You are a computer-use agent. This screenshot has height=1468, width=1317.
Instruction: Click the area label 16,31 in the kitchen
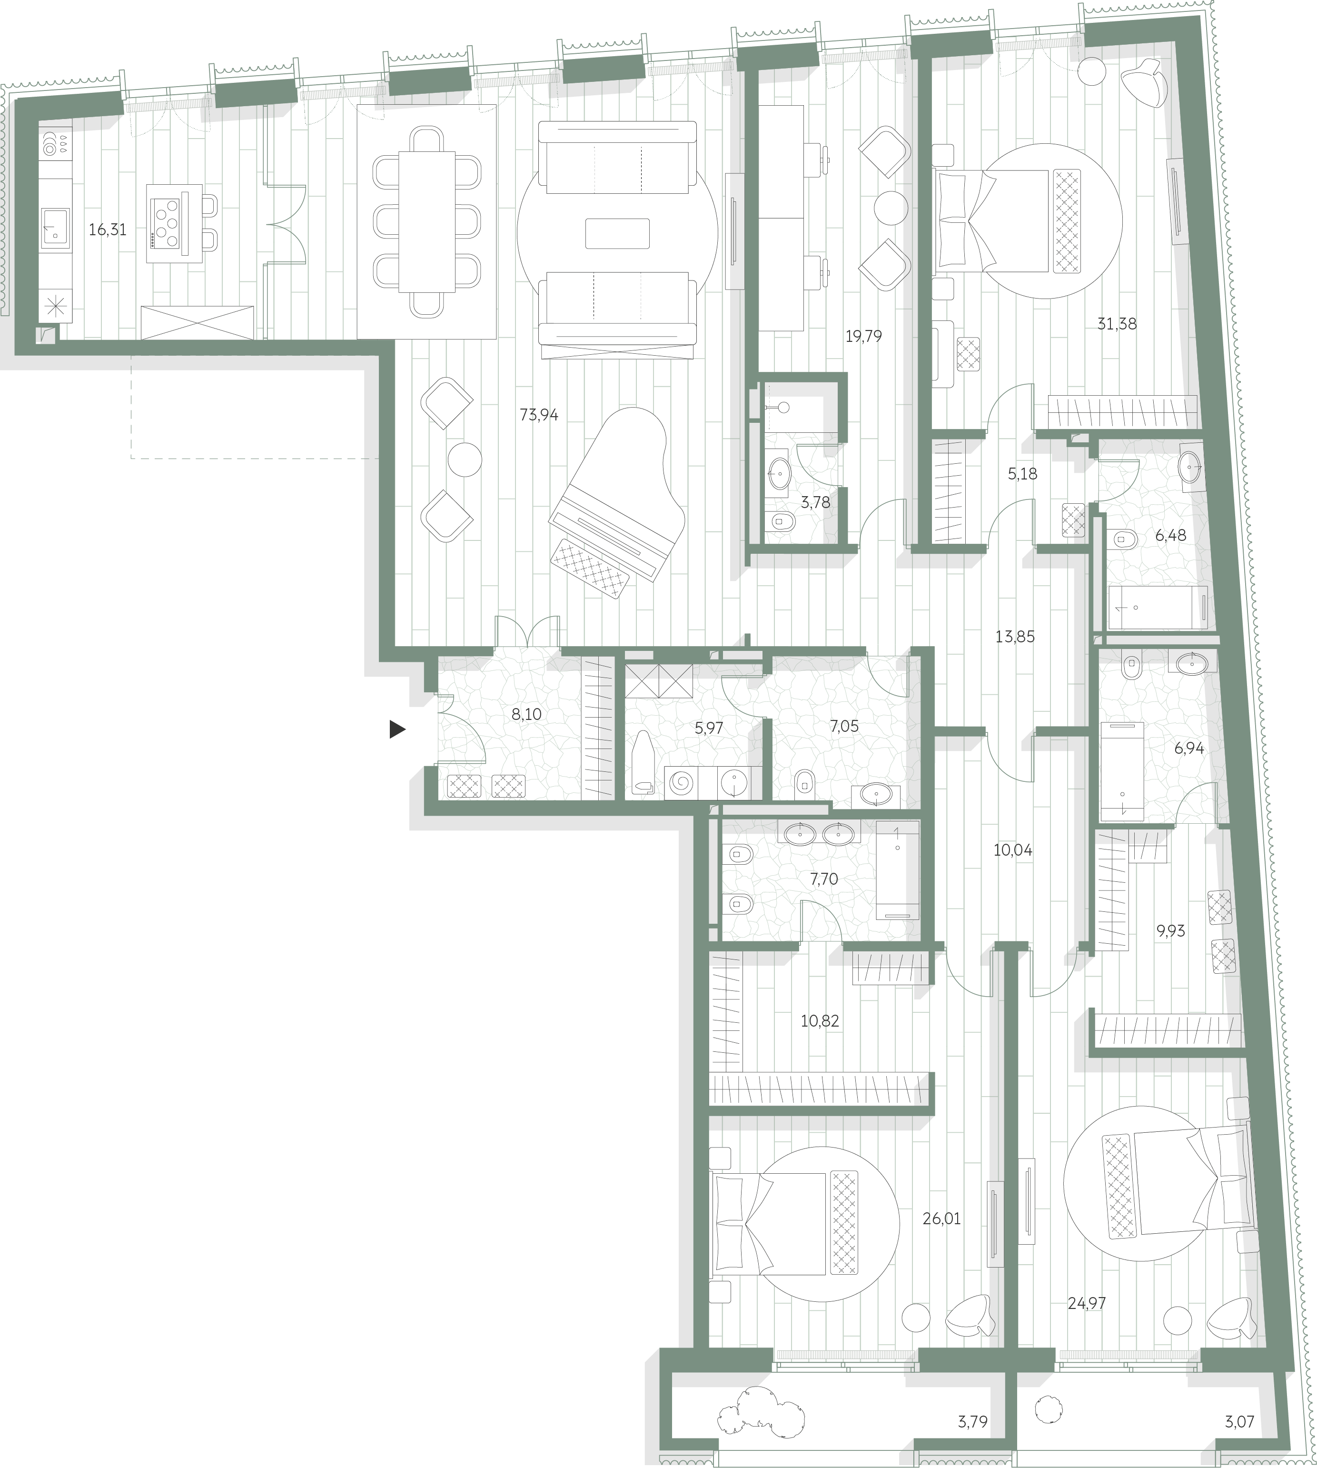pos(107,230)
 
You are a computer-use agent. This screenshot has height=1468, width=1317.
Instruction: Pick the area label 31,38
pos(1117,324)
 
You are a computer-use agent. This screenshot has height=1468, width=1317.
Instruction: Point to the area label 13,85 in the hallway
pos(1015,637)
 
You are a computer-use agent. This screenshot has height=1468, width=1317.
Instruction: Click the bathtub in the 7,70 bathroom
pos(897,869)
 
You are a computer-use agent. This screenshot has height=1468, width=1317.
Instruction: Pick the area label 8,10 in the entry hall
pos(526,714)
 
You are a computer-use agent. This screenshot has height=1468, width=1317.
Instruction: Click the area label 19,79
pos(863,336)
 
